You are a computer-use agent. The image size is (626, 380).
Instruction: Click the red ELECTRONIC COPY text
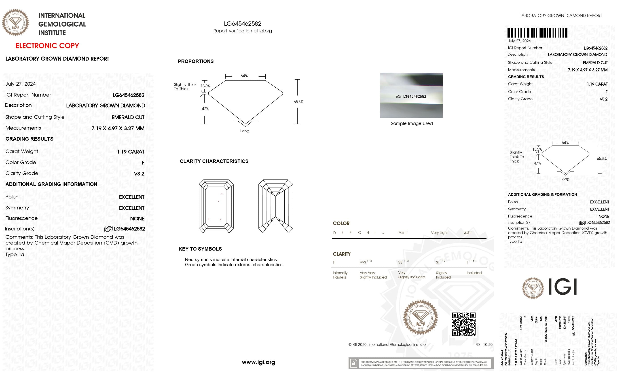pos(47,46)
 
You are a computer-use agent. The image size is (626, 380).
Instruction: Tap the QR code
pos(463,324)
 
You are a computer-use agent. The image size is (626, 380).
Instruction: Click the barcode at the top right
pos(537,33)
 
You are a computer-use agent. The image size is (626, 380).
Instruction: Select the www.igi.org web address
pos(258,362)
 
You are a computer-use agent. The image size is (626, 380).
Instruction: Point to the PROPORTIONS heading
pos(196,61)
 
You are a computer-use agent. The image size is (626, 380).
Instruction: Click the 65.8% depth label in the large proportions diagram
pos(298,102)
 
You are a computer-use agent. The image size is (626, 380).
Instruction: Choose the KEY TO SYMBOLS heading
pos(200,249)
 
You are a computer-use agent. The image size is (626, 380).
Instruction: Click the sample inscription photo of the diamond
pos(411,95)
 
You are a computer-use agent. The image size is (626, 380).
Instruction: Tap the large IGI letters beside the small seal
pos(563,287)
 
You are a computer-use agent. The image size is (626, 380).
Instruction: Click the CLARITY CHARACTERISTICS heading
pos(214,161)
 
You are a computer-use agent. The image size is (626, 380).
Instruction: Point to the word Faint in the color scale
pos(402,232)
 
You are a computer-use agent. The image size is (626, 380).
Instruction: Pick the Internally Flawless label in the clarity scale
pos(340,275)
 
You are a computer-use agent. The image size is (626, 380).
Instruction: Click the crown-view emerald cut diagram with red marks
pos(216,206)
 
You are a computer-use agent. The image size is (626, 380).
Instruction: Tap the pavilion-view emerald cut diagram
pos(276,206)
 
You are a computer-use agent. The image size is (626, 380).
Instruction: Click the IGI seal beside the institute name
pos(15,23)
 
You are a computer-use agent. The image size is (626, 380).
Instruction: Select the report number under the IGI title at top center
pos(242,24)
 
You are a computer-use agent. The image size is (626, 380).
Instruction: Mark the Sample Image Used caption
pos(412,123)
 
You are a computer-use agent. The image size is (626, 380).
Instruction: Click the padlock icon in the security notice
pos(353,363)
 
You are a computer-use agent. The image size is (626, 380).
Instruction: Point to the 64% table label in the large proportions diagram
pos(244,76)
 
